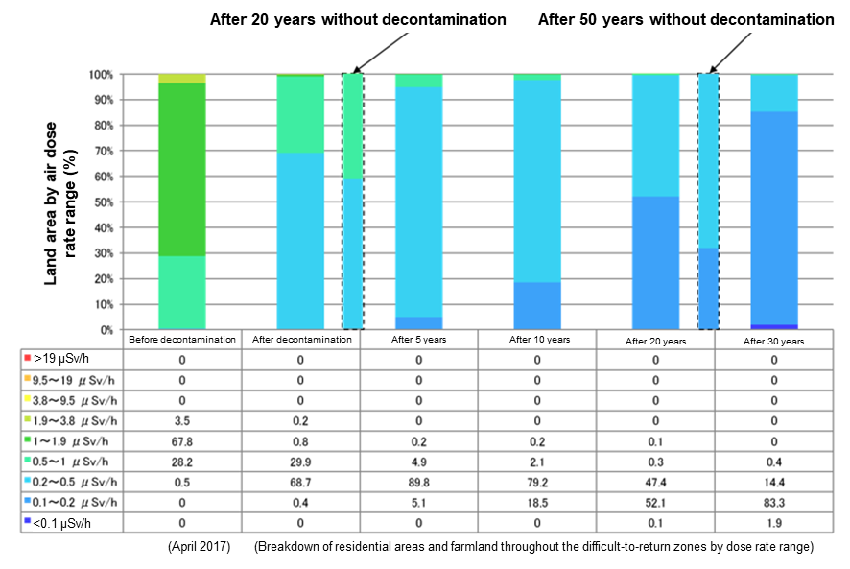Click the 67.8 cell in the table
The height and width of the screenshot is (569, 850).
[182, 442]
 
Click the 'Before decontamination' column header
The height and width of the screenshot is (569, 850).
[182, 340]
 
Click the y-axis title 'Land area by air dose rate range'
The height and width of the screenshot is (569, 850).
[62, 202]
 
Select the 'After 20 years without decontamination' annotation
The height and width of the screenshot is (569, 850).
[358, 19]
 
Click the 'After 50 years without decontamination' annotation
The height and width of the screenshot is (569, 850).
[686, 19]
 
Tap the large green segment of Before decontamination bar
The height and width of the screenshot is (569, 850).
[182, 169]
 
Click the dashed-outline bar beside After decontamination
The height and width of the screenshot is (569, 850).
[353, 202]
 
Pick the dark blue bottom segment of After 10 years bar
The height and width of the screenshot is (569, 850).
[536, 305]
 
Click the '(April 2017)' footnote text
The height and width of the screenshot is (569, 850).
[198, 546]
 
